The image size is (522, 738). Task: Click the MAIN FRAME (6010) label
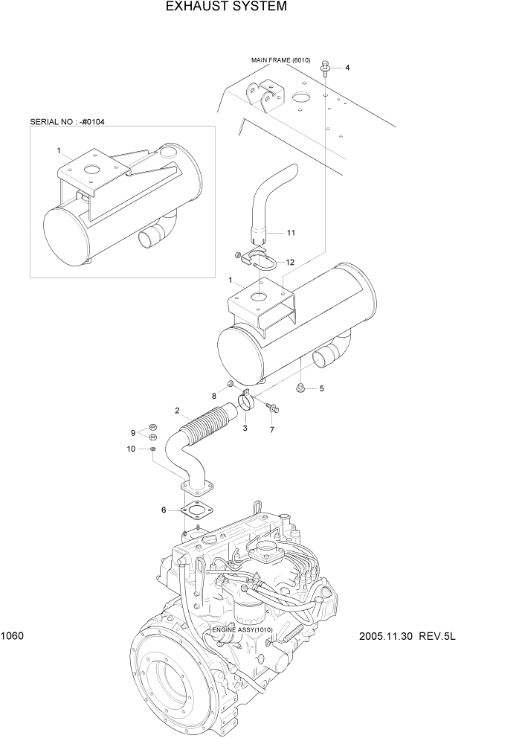coord(280,60)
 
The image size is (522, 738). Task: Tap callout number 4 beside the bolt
coord(347,68)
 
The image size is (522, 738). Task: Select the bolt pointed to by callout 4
coord(326,69)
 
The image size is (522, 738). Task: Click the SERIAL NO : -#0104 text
coord(67,121)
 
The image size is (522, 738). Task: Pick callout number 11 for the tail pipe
coord(291,233)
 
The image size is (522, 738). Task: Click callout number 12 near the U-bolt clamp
coord(290,262)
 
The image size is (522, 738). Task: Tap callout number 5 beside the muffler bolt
coord(322,388)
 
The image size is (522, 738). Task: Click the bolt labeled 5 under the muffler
coord(301,387)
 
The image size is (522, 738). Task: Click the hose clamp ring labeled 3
coord(246,404)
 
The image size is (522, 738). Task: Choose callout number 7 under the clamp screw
coord(271,430)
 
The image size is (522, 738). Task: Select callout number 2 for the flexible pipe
coord(177,411)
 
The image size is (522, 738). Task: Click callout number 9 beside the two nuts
coord(133,432)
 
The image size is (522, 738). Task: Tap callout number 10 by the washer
coord(132,449)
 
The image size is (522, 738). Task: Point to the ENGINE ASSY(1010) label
coord(242,629)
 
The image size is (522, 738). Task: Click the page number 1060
coord(13,636)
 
